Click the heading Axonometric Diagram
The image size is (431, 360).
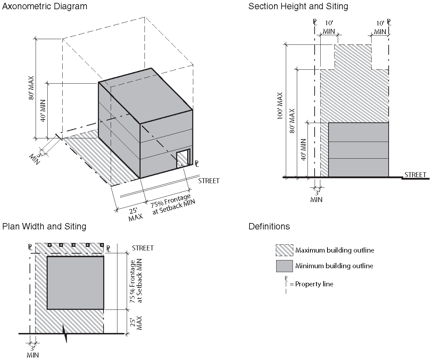click(44, 6)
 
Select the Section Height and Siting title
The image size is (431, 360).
click(298, 6)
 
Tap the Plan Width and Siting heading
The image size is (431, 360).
click(44, 226)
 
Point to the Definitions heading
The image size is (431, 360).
click(269, 226)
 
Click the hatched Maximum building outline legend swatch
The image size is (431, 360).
click(284, 250)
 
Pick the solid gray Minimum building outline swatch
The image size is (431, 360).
click(284, 266)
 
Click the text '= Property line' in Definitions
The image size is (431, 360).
click(311, 284)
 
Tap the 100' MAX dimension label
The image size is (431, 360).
click(280, 106)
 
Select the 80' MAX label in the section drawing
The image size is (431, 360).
click(292, 121)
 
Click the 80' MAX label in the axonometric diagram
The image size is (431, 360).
click(31, 88)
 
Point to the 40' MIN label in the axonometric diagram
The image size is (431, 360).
click(43, 111)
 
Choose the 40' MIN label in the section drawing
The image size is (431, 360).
click(303, 149)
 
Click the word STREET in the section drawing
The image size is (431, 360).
click(415, 175)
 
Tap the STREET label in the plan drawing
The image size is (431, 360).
click(143, 248)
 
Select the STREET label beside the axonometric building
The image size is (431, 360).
click(209, 181)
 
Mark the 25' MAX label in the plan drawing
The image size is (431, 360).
click(136, 323)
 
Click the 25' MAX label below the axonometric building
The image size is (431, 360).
click(135, 215)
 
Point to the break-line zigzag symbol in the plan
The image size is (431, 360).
click(65, 333)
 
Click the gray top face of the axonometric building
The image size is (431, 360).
click(146, 96)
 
